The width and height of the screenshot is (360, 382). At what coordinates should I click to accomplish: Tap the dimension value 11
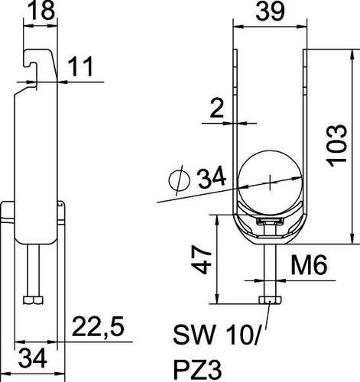81,66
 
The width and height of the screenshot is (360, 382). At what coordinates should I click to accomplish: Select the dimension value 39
270,11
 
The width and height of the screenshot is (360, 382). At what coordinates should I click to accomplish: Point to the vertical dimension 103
337,145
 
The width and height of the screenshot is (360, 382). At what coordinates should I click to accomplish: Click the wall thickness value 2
217,108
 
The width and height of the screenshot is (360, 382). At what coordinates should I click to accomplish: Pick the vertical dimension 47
201,260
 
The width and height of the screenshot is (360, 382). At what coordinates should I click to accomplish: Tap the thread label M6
309,265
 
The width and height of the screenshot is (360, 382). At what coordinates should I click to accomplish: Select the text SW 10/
217,334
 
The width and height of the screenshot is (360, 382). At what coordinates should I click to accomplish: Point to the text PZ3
198,369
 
